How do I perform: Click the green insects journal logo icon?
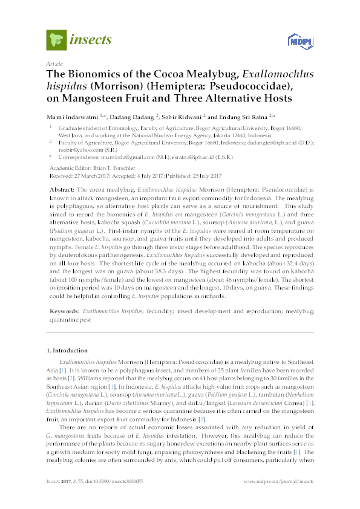pos(56,40)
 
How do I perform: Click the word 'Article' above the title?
pos(54,63)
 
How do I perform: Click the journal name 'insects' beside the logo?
pos(91,41)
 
